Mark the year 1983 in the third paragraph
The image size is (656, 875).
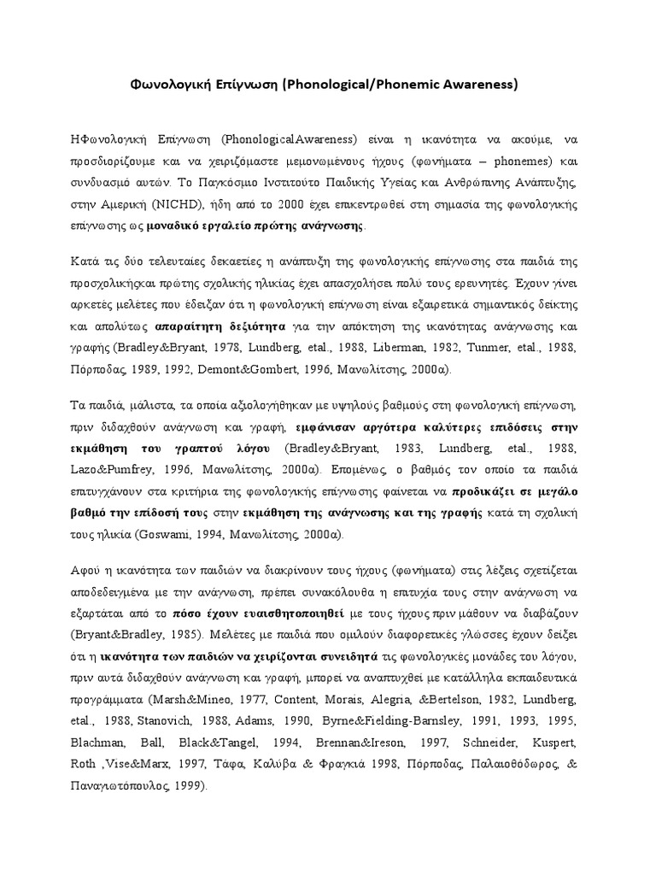tap(395, 447)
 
